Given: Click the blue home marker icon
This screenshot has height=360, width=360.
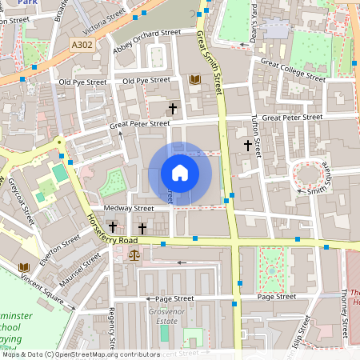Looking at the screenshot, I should pos(180,173).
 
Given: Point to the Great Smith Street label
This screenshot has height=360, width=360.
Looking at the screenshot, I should pos(209,62).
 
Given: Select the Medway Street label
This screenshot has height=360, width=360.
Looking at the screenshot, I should pos(132,208).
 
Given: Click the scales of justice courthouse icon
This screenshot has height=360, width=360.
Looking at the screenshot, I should pos(134,255).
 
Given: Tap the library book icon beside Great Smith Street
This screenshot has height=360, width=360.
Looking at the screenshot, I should pos(194,79).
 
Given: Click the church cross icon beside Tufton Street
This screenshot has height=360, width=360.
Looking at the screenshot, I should pos(248,145).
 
